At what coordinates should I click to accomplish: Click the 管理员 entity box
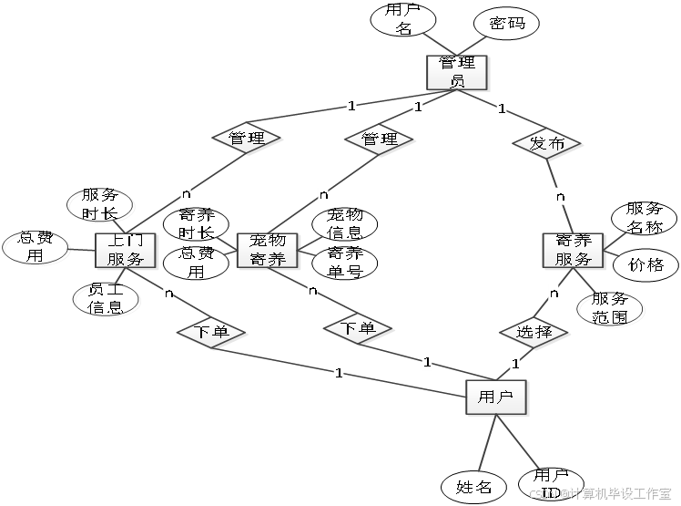[x=458, y=72]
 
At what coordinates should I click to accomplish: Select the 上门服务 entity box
[x=126, y=250]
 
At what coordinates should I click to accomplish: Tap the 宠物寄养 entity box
[x=268, y=250]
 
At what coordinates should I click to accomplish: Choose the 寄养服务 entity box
[x=574, y=250]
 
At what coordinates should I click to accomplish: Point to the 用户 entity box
[x=496, y=398]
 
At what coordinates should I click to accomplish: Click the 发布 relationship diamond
[x=547, y=143]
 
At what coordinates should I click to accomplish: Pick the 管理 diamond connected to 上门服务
[x=247, y=139]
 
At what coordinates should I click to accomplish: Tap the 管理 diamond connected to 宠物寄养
[x=380, y=139]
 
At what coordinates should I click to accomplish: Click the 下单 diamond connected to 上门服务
[x=212, y=333]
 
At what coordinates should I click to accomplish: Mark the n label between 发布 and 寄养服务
[x=560, y=196]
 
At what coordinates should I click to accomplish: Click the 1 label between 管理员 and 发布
[x=501, y=108]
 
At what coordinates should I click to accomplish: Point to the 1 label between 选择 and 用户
[x=514, y=364]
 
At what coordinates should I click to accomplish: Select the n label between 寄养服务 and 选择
[x=554, y=293]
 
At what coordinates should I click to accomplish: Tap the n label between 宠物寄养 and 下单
[x=312, y=291]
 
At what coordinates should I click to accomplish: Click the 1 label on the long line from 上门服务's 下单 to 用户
[x=339, y=372]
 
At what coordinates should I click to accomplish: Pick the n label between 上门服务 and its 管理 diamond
[x=186, y=193]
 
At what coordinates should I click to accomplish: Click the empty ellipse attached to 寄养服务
[x=611, y=310]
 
